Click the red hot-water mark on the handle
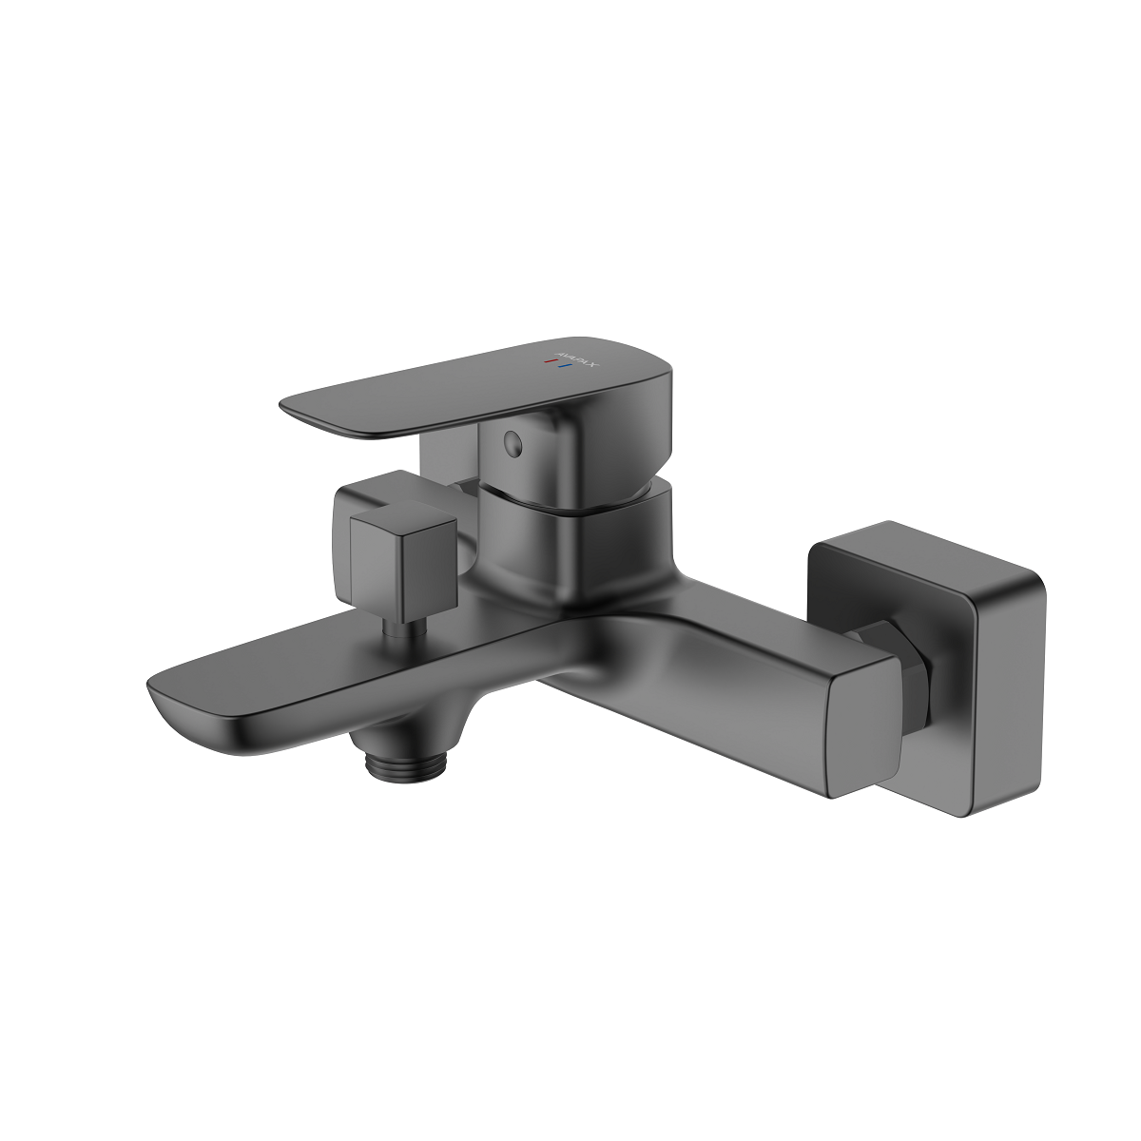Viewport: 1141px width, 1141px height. coord(547,361)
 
